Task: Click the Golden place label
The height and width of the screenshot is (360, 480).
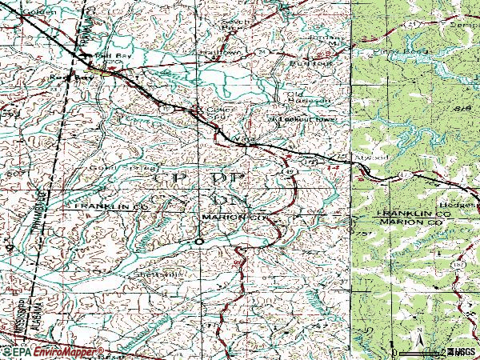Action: tap(19, 13)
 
